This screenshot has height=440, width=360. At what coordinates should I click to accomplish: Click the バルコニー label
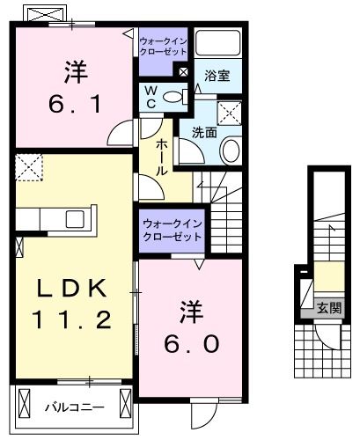tap(75, 407)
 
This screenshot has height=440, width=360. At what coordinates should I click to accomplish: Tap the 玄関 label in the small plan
tap(329, 308)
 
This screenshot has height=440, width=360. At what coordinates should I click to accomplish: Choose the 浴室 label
tap(217, 76)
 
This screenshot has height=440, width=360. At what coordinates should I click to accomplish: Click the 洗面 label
tap(204, 133)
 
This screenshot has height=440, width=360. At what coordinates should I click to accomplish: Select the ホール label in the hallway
tap(163, 156)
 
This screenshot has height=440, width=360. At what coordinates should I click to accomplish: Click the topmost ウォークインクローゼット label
tap(162, 46)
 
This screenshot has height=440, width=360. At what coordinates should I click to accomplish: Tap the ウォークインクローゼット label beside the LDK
tap(172, 231)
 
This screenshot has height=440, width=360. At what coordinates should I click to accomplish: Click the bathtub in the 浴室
tap(217, 44)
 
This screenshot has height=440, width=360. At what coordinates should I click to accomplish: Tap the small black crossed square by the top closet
tap(182, 72)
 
